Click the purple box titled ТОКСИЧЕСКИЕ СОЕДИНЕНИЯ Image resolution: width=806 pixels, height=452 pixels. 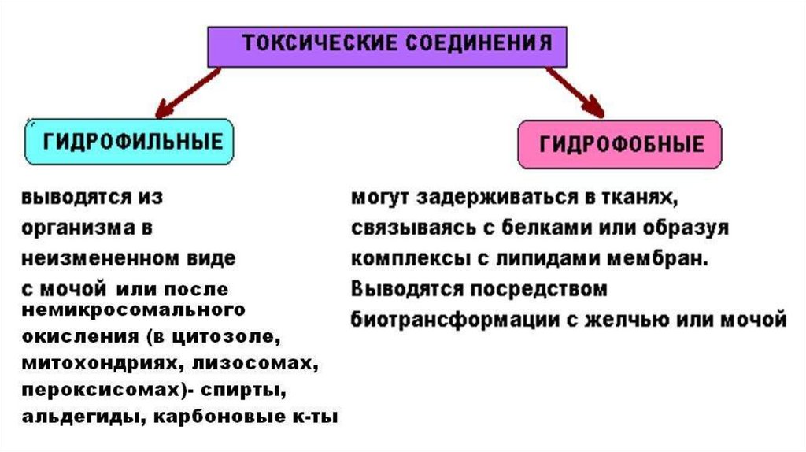[x=386, y=45]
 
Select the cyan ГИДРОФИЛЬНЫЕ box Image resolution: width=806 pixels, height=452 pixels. [x=130, y=142]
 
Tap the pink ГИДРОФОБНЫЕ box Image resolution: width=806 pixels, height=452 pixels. [x=619, y=144]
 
